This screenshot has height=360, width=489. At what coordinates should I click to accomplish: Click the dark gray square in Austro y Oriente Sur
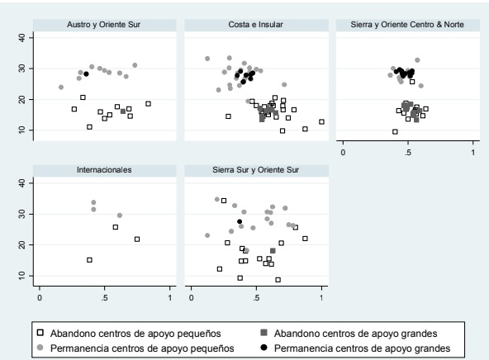[x=123, y=111]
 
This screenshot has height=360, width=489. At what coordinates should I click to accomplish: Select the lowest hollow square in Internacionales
[x=89, y=260]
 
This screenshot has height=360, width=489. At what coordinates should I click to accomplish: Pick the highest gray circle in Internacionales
[x=93, y=202]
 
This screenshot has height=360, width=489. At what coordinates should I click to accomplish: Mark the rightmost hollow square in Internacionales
[x=137, y=239]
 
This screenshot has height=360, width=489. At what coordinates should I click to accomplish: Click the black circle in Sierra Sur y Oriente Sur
[x=240, y=221]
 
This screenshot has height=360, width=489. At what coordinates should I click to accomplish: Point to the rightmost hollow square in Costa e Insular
[x=321, y=122]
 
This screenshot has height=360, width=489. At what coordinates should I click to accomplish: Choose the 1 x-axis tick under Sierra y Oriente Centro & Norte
[x=472, y=152]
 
